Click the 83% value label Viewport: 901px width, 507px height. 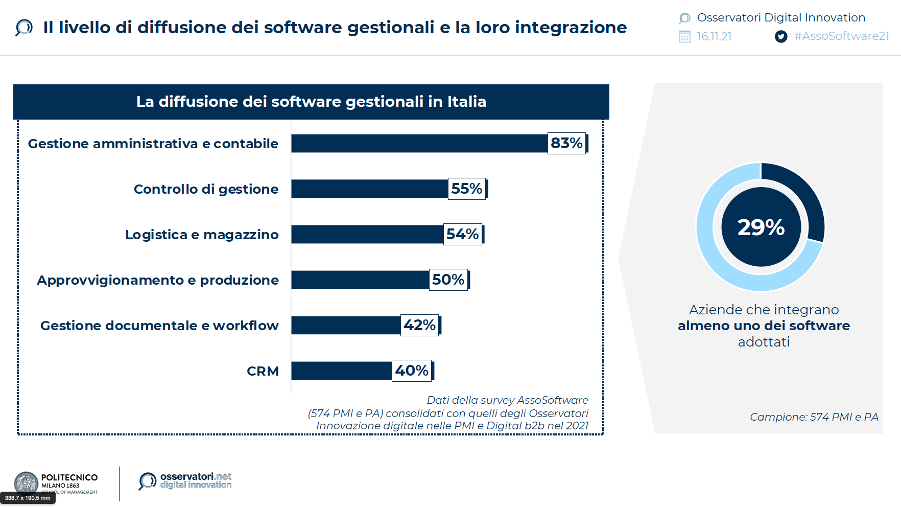[566, 143]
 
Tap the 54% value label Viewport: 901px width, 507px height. [462, 234]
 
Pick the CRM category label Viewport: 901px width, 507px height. [263, 371]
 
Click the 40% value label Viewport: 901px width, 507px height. [412, 371]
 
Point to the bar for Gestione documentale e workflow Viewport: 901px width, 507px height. [346, 325]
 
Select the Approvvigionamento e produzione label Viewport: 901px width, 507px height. [158, 280]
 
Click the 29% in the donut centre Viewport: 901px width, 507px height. [761, 227]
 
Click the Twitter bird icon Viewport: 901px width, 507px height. [780, 36]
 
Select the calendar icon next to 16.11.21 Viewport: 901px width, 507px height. [684, 36]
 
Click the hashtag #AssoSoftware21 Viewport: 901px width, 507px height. [841, 36]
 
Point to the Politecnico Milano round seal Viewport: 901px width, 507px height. [26, 482]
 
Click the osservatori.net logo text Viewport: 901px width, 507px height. [196, 480]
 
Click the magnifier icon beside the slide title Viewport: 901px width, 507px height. [23, 27]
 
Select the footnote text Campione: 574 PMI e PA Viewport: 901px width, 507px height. [814, 417]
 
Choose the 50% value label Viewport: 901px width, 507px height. [448, 280]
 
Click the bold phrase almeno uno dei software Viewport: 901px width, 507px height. [764, 326]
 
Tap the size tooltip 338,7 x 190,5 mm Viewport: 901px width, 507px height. [28, 498]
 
